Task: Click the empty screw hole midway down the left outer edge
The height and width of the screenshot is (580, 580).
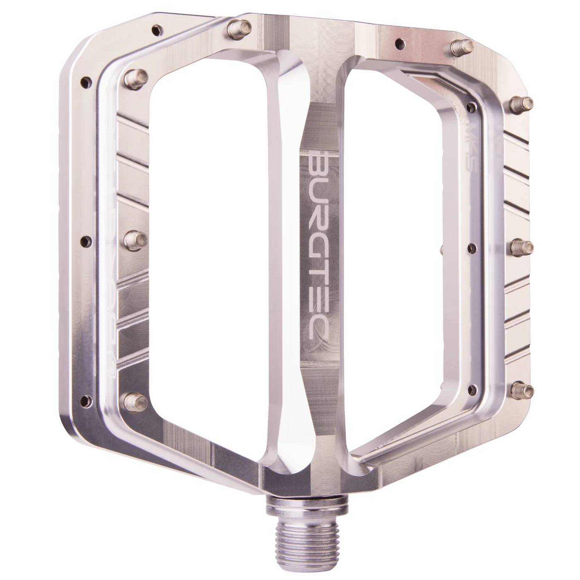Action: [87, 240]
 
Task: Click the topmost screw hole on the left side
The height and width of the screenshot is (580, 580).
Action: [156, 29]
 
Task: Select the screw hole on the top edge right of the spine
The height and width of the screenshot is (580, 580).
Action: [400, 42]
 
